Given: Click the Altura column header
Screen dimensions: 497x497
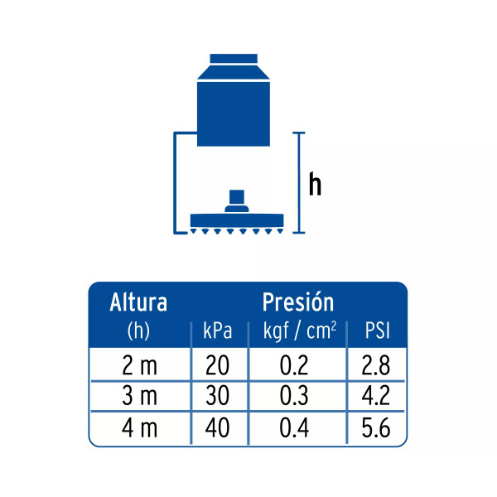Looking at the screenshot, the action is (138, 302).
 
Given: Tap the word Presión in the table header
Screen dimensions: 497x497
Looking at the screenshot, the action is (298, 302).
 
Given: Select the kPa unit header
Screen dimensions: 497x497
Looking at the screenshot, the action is (217, 331).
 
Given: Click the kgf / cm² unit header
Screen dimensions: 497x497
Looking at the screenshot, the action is (300, 331).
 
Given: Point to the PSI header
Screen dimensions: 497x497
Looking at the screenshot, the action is (377, 331).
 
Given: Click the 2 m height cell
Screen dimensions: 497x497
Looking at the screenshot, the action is (139, 365).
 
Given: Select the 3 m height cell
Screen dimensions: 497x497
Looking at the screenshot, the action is (139, 396).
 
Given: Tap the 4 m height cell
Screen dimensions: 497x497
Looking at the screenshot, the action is (139, 427).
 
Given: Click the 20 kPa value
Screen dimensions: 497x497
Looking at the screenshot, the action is (217, 365).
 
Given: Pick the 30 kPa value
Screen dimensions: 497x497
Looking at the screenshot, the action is (217, 396).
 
